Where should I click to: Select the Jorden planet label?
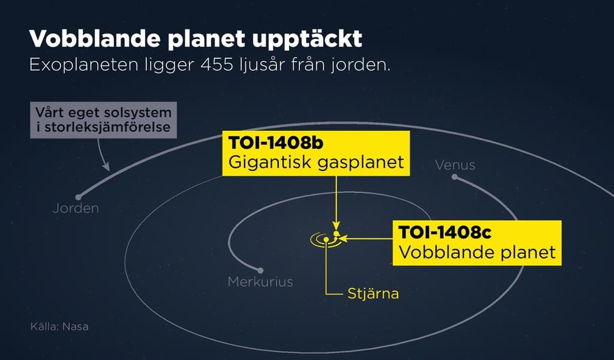pos(76,209)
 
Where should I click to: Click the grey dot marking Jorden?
pos(78,197)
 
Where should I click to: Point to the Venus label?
pos(455,164)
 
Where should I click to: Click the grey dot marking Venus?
pos(455,177)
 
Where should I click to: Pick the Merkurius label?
pos(260,281)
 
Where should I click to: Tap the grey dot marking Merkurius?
pos(260,270)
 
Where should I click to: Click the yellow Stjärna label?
pos(373,294)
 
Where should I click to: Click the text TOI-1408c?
pos(441,232)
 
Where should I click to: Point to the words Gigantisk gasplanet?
pos(315,162)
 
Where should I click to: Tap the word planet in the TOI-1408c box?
pos(526,252)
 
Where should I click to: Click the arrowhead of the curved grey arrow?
pos(109,167)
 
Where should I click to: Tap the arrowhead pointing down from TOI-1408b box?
pos(337,227)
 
